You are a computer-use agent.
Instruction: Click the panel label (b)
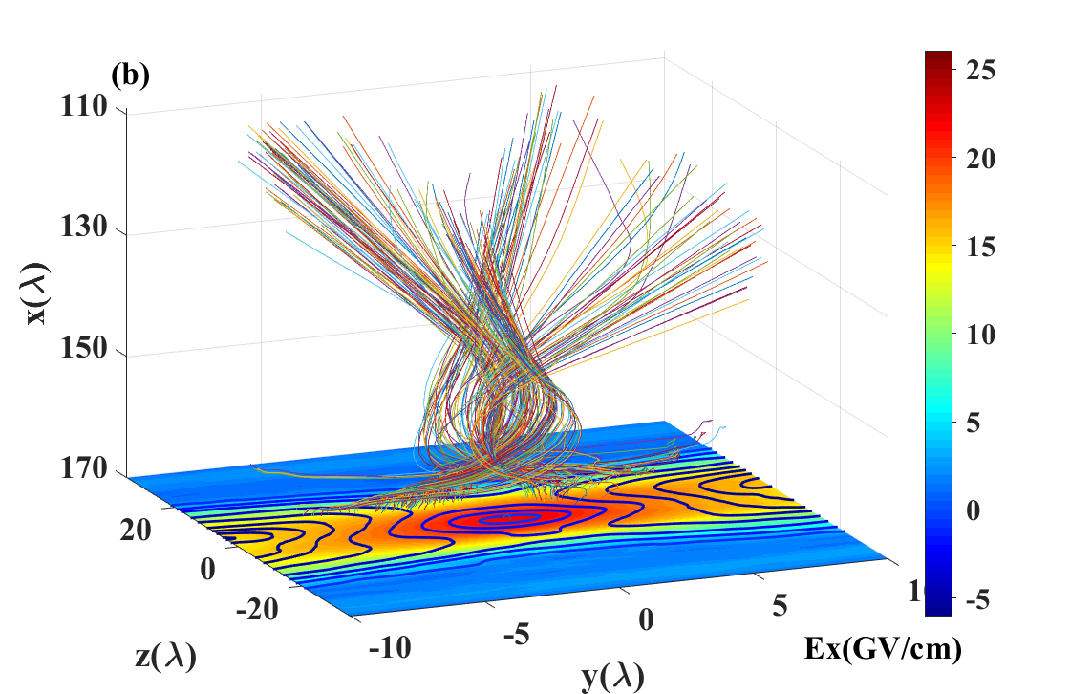(x=130, y=76)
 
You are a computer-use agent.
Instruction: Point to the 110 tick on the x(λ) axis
(x=84, y=106)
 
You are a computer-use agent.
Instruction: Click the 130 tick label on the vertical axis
(x=84, y=227)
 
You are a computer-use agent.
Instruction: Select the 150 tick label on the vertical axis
(x=84, y=348)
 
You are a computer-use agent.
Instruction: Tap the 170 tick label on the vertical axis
(x=84, y=468)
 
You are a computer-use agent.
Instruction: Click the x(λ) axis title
(x=36, y=293)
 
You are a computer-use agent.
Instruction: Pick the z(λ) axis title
(x=166, y=657)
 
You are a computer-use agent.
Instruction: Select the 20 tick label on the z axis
(x=135, y=530)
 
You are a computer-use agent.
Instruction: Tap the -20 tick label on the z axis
(x=257, y=609)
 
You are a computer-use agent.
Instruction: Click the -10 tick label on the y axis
(x=390, y=647)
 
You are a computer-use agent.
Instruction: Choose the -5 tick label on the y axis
(x=517, y=636)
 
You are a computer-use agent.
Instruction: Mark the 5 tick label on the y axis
(x=780, y=605)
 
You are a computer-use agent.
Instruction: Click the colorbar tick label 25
(x=980, y=70)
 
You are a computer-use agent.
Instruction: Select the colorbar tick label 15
(x=980, y=247)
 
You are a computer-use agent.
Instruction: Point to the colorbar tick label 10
(x=980, y=335)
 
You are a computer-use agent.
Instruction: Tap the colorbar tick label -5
(x=978, y=599)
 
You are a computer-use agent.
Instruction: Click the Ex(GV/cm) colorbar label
(x=883, y=648)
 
